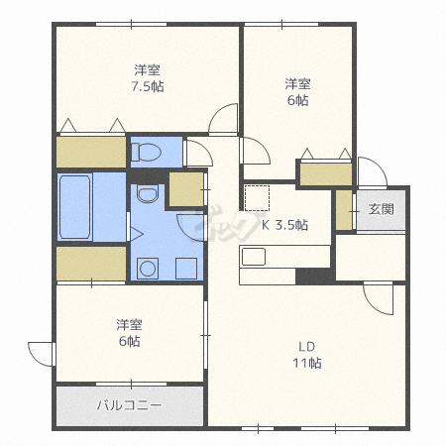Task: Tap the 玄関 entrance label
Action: (382, 209)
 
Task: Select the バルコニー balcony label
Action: (130, 405)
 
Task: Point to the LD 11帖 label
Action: (307, 355)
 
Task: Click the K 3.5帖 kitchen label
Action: (284, 225)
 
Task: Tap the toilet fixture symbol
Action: (146, 153)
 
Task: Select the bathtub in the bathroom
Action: (74, 207)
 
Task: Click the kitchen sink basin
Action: (254, 257)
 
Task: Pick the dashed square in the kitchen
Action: (257, 198)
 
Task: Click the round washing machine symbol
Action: (148, 269)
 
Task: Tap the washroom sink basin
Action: (148, 193)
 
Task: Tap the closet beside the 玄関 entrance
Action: (344, 210)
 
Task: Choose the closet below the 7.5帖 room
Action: (91, 152)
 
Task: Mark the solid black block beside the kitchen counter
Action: (313, 276)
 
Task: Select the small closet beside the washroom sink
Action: (186, 189)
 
